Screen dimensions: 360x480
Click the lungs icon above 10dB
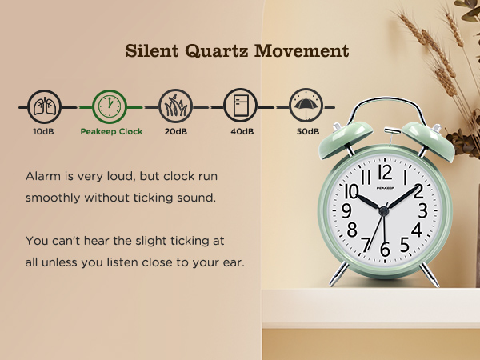click(x=44, y=106)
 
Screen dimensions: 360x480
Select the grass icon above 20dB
click(x=175, y=106)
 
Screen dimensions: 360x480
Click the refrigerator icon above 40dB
click(x=241, y=106)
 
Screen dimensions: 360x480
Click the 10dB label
click(x=44, y=131)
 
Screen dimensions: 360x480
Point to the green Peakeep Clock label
click(x=111, y=131)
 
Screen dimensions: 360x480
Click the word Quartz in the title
click(x=214, y=52)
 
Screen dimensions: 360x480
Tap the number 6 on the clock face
click(x=385, y=250)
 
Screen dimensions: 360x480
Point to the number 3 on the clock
click(x=422, y=210)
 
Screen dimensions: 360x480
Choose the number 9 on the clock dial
click(x=346, y=210)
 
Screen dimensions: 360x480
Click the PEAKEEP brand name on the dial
click(x=385, y=183)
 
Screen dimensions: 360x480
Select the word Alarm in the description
click(x=42, y=174)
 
